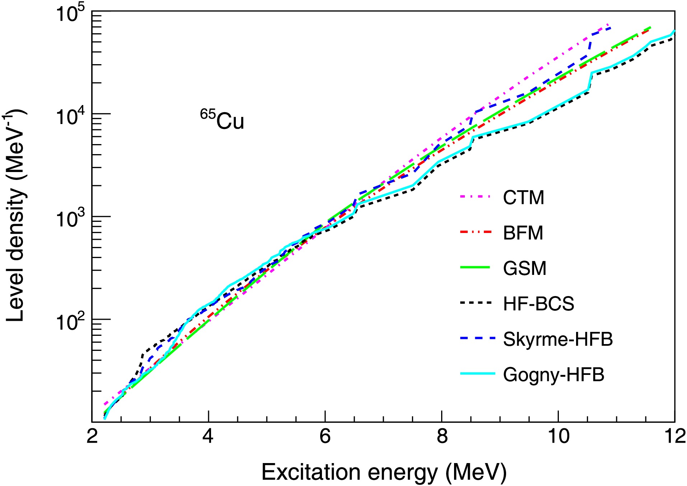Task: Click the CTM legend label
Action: (x=523, y=197)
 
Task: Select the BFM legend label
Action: (x=523, y=233)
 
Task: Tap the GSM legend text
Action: (x=524, y=268)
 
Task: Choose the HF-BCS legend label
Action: (x=538, y=304)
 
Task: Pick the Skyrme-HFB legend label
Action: (x=558, y=339)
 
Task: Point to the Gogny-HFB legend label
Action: (x=553, y=375)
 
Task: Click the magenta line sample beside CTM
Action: (x=475, y=197)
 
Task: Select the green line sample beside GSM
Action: (x=475, y=267)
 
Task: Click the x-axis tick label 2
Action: (x=92, y=437)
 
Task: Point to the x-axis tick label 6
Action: (x=325, y=437)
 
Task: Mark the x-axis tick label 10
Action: (x=559, y=437)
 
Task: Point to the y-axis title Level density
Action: (x=16, y=215)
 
